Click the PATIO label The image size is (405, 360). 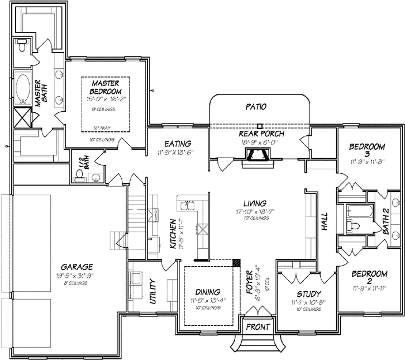255,106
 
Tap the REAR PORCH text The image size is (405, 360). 261,134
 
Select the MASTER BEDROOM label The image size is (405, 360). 106,87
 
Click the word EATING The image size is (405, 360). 178,144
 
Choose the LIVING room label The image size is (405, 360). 254,203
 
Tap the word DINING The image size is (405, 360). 207,292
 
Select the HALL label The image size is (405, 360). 325,222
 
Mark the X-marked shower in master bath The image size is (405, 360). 23,119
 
